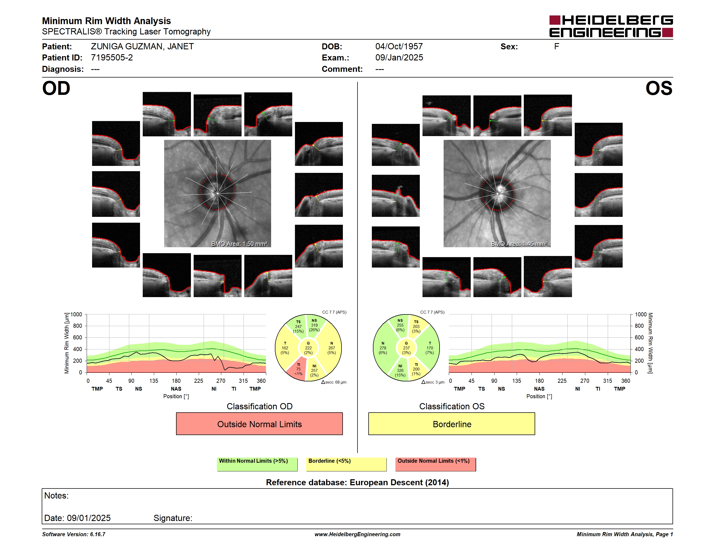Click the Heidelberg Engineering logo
click(x=611, y=26)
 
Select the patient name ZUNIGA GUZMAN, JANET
click(x=142, y=47)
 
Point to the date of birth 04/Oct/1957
click(x=399, y=47)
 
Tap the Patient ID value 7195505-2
click(x=112, y=58)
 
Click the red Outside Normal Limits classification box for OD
click(x=259, y=424)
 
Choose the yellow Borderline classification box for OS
click(x=452, y=424)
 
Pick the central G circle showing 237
click(x=406, y=348)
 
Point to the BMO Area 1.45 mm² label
click(x=519, y=244)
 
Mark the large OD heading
click(x=56, y=88)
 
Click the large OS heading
click(x=659, y=88)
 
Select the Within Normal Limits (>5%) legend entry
click(x=257, y=464)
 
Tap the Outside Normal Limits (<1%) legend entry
click(x=435, y=464)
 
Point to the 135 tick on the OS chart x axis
click(x=516, y=381)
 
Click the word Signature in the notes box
click(x=173, y=518)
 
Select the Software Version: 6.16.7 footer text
click(x=74, y=534)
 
